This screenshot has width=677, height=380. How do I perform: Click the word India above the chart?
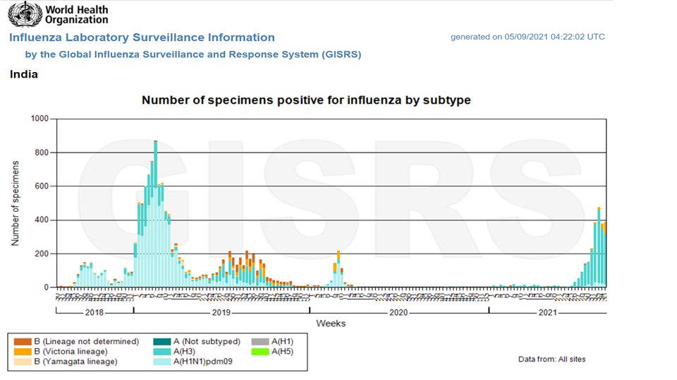coord(24,74)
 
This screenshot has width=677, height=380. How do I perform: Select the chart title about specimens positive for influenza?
coord(306,100)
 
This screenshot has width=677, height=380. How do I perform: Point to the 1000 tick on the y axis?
coord(39,119)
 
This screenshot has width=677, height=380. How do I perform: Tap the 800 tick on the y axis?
coord(42,153)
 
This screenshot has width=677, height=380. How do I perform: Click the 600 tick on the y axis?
coord(42,186)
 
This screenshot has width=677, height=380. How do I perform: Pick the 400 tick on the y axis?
coord(42,220)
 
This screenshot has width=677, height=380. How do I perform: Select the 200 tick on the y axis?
coord(42,254)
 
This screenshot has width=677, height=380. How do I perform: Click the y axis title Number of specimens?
coord(15,203)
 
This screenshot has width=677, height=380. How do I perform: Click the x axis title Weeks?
coord(331,323)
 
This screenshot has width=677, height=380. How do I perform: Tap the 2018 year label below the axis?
coord(94,311)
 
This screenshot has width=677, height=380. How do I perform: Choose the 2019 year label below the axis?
coord(221,311)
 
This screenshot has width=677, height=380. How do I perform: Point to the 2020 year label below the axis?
coord(398,311)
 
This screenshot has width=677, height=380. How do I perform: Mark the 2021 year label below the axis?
coord(547,311)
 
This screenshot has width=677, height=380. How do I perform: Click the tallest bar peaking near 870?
coord(155,212)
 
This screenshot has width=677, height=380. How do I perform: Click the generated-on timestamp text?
coord(527,37)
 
